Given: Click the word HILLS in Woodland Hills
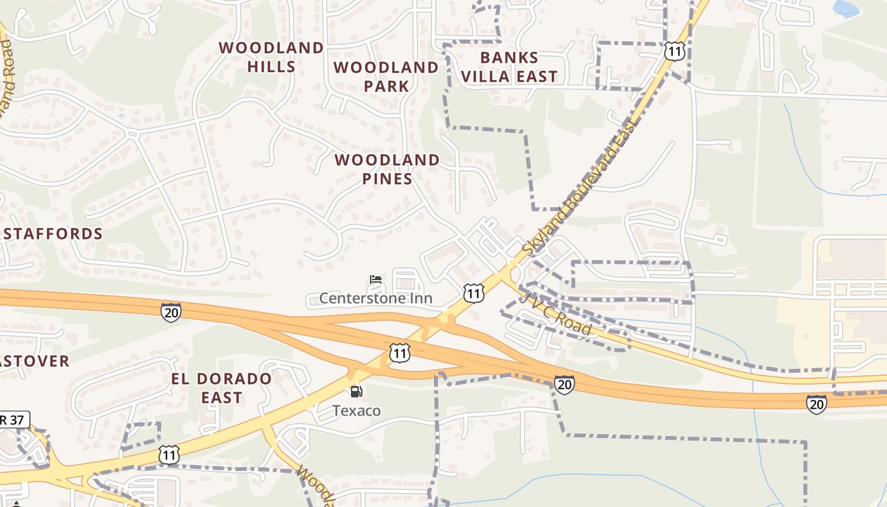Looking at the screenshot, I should (x=271, y=67).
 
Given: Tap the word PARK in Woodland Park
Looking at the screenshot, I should (x=386, y=86).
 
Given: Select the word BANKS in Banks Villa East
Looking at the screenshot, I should (x=509, y=58).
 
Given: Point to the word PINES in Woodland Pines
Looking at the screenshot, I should (x=387, y=179).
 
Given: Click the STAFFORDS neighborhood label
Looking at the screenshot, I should (x=53, y=234).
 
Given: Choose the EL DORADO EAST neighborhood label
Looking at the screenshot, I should (x=222, y=388).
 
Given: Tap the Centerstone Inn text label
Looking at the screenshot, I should (x=376, y=298).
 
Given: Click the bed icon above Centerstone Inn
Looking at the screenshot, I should (x=376, y=279).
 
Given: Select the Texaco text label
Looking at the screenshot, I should (x=357, y=411).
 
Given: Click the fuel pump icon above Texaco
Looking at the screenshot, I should (x=357, y=392).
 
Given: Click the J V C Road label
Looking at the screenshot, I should (x=557, y=315).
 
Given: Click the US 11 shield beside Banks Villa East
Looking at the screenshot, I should (x=675, y=51).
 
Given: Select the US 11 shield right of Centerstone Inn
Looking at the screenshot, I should (x=474, y=293).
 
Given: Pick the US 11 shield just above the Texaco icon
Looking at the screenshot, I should (x=399, y=353).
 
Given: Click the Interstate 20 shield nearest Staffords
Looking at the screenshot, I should (x=170, y=312).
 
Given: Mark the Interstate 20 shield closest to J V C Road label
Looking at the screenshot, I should (x=564, y=384).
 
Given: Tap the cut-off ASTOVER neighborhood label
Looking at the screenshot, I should (x=34, y=361).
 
